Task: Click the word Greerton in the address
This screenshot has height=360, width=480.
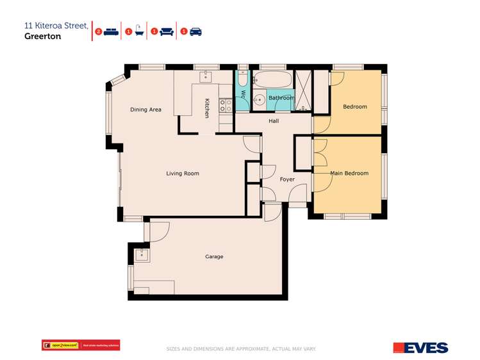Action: (x=44, y=37)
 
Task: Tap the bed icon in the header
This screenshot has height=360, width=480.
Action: (x=111, y=31)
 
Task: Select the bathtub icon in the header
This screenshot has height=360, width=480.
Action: (x=138, y=31)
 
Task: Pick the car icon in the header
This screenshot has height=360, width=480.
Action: (x=195, y=31)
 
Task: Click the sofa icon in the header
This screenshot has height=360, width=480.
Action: (x=167, y=31)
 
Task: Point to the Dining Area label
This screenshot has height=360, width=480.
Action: (x=145, y=110)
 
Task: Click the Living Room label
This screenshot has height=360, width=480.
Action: (x=183, y=174)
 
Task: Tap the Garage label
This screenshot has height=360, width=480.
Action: (x=214, y=257)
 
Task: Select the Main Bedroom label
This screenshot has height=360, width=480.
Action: (x=349, y=174)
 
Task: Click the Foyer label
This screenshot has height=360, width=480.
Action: (x=287, y=179)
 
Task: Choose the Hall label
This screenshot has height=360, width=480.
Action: (x=274, y=120)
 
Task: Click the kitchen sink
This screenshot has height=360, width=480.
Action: (x=206, y=77)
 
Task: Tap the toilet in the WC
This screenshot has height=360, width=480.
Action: (x=243, y=81)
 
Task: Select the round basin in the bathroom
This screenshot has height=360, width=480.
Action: (x=260, y=99)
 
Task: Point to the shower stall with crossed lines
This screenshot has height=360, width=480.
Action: (x=304, y=90)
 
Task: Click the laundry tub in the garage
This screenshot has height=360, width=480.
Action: (x=142, y=256)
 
